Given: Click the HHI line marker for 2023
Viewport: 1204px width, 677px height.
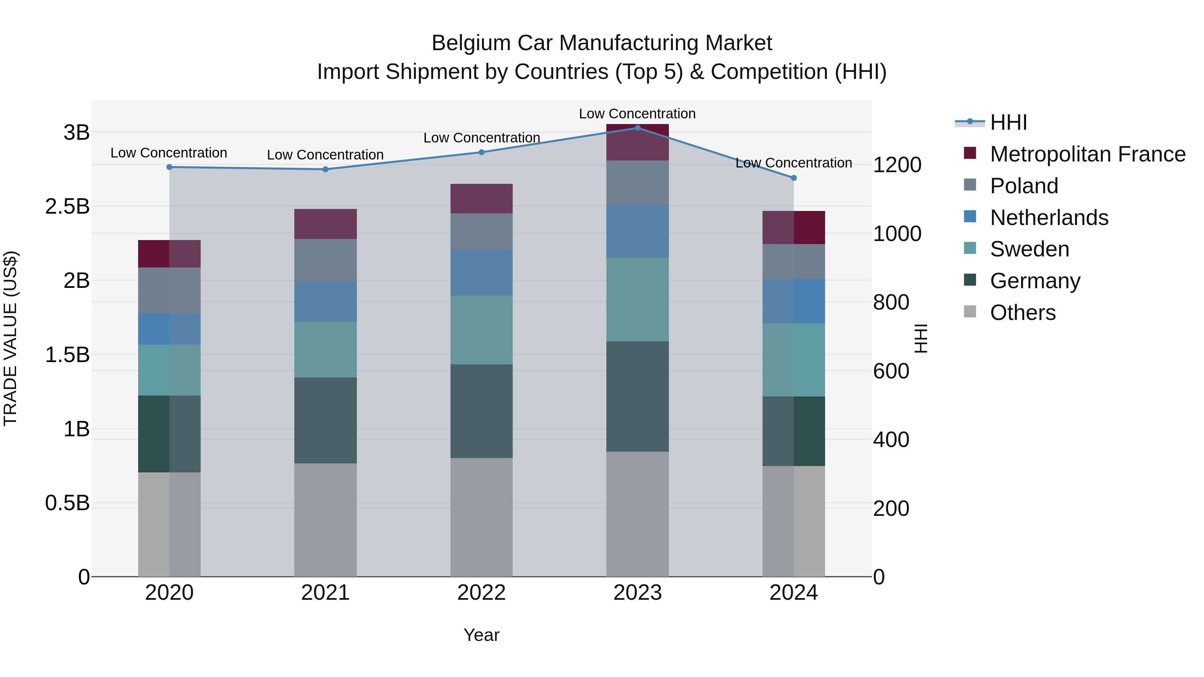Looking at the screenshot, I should pyautogui.click(x=637, y=128).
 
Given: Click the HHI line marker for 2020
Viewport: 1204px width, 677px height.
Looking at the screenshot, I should pyautogui.click(x=169, y=167).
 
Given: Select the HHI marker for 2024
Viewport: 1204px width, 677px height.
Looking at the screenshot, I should pyautogui.click(x=794, y=178).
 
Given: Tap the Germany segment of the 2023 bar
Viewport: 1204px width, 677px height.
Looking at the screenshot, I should pyautogui.click(x=637, y=396).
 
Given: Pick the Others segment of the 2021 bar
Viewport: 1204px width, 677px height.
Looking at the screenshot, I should pyautogui.click(x=325, y=520).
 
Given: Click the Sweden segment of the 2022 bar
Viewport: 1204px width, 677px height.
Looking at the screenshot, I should pyautogui.click(x=481, y=330).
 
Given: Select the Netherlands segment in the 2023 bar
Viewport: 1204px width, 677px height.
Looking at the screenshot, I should pyautogui.click(x=637, y=231).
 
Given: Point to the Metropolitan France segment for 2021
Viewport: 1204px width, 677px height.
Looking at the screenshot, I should pyautogui.click(x=325, y=224).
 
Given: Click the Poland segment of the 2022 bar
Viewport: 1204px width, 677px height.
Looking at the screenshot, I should pyautogui.click(x=481, y=231).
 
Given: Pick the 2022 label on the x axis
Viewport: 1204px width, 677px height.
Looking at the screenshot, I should pyautogui.click(x=481, y=593).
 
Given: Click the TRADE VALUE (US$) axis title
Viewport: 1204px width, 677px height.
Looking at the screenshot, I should pyautogui.click(x=10, y=338).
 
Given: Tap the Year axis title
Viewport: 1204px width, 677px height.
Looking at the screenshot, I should pyautogui.click(x=481, y=635).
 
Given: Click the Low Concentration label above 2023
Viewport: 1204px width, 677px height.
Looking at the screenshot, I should pyautogui.click(x=637, y=114).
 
